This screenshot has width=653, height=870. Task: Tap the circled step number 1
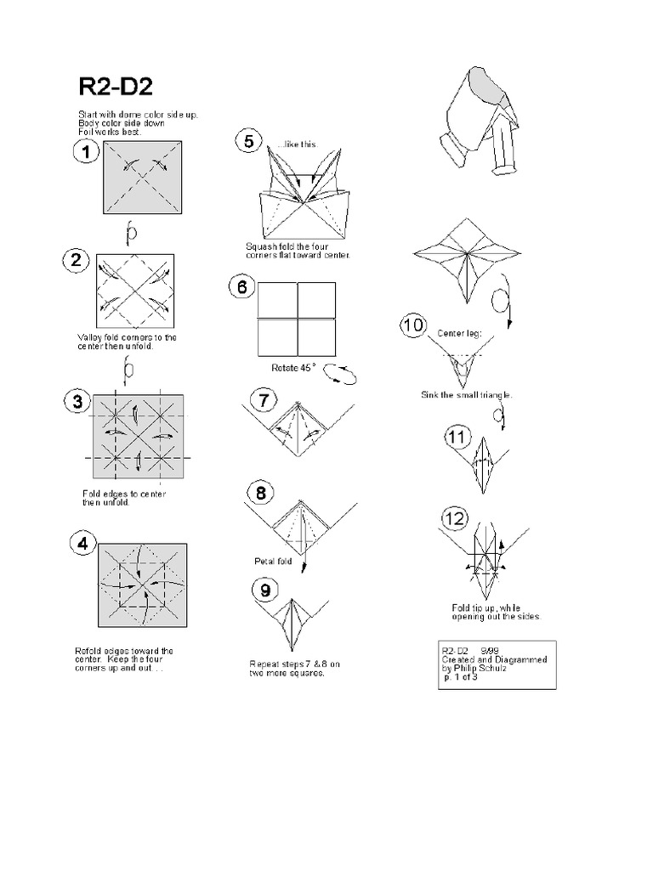pyautogui.click(x=88, y=153)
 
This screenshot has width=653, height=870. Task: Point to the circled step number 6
pyautogui.click(x=241, y=286)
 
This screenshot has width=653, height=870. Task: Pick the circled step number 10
pyautogui.click(x=414, y=325)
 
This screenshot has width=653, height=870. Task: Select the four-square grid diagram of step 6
pyautogui.click(x=296, y=318)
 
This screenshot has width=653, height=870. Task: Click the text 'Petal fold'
pyautogui.click(x=273, y=561)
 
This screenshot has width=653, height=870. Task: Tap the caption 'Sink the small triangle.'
pyautogui.click(x=467, y=395)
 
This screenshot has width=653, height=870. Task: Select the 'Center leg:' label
pyautogui.click(x=458, y=333)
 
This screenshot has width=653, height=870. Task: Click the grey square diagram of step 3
pyautogui.click(x=136, y=438)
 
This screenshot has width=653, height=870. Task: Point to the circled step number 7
pyautogui.click(x=264, y=398)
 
